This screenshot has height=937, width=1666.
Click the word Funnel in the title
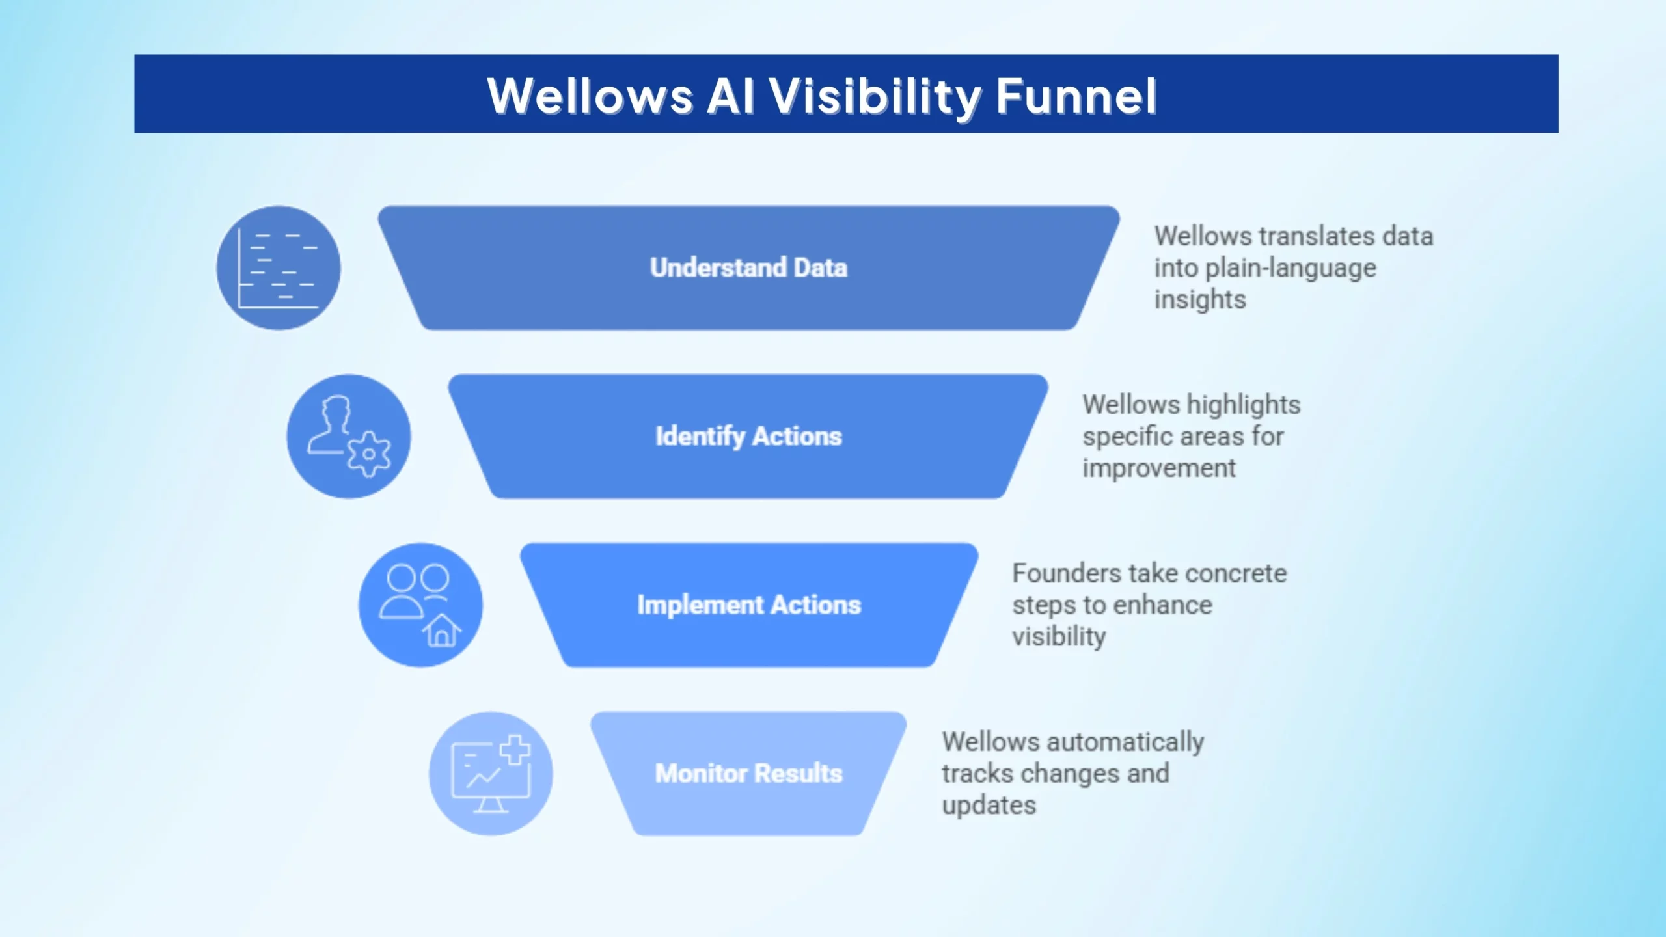(1076, 96)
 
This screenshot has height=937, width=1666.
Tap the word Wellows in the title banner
(590, 96)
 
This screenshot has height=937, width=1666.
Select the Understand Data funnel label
(748, 267)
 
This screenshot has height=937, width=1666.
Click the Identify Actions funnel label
(748, 437)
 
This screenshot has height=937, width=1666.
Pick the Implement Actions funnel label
(749, 605)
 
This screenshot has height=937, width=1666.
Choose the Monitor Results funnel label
(748, 773)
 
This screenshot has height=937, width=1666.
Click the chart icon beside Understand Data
(279, 268)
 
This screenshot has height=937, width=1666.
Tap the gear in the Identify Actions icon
(369, 454)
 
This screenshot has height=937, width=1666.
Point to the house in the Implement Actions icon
(442, 630)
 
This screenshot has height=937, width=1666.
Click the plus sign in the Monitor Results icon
(515, 750)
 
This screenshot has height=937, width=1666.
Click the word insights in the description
(1200, 300)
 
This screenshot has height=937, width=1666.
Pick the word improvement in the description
(1159, 468)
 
